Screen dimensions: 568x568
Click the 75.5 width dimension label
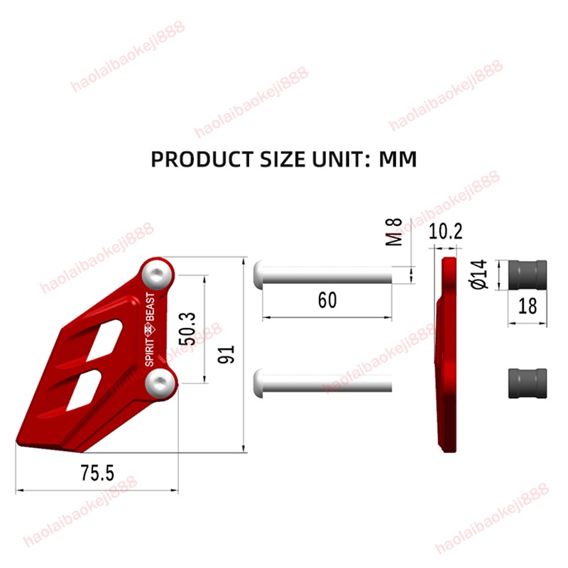click(97, 473)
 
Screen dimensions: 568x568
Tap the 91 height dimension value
click(226, 354)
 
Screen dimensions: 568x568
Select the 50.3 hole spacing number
click(187, 329)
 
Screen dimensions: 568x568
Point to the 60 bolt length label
click(327, 300)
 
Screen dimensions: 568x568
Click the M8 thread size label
click(394, 232)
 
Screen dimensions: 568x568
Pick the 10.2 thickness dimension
click(446, 231)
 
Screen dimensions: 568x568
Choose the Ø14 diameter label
click(479, 274)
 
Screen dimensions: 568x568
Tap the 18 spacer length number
click(528, 306)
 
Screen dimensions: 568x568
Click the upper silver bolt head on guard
click(156, 274)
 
